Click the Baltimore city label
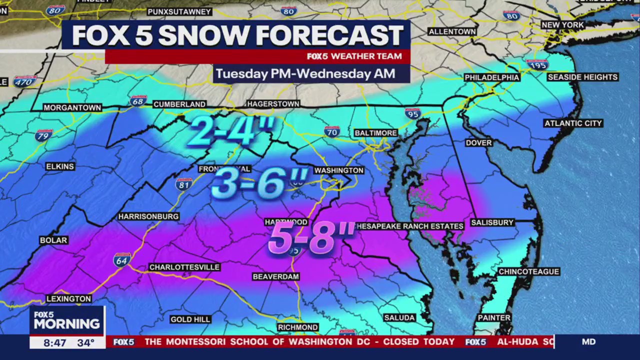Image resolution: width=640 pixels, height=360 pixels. pyautogui.click(x=375, y=133)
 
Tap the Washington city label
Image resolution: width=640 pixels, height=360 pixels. pyautogui.click(x=338, y=170)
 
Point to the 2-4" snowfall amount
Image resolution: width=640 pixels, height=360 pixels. pyautogui.click(x=231, y=131)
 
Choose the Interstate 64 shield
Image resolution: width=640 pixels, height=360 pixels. pyautogui.click(x=122, y=259)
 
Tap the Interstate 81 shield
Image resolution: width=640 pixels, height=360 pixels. pyautogui.click(x=184, y=184)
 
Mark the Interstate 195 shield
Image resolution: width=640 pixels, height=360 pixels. pyautogui.click(x=536, y=64)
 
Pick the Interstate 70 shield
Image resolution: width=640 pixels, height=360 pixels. pyautogui.click(x=331, y=131)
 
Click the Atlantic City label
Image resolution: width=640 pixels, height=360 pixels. pyautogui.click(x=573, y=123)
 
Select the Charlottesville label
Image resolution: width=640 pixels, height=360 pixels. pyautogui.click(x=184, y=267)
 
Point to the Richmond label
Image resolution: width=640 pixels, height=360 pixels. pyautogui.click(x=298, y=327)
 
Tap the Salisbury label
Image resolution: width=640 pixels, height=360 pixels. pyautogui.click(x=492, y=222)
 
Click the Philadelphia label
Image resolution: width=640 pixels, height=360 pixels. pyautogui.click(x=492, y=77)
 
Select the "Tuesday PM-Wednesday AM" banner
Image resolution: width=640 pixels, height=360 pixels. pyautogui.click(x=305, y=74)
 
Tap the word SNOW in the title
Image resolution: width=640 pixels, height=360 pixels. pyautogui.click(x=204, y=35)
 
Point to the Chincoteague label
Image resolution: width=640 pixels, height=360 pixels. pyautogui.click(x=528, y=271)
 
